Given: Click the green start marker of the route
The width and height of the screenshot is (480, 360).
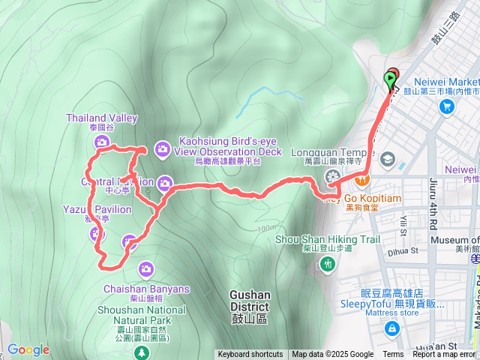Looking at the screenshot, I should [391, 78].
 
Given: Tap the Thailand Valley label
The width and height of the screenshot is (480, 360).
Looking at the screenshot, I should [102, 118].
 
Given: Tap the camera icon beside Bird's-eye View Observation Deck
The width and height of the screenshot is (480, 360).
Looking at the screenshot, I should [163, 150].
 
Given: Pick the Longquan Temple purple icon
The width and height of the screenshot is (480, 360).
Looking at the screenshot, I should [333, 177].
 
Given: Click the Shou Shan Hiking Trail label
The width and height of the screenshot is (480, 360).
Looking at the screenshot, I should [328, 239].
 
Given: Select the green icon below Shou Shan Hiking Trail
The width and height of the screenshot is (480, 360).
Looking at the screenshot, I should [327, 264].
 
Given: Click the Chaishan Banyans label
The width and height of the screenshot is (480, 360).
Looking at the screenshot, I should [146, 289].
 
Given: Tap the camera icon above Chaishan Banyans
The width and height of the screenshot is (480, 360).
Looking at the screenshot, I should [146, 268].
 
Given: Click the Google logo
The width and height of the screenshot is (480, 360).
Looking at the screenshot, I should [28, 349].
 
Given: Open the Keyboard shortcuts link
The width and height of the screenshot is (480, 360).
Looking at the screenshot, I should [250, 355].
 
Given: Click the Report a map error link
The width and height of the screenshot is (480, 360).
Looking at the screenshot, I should [445, 355].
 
